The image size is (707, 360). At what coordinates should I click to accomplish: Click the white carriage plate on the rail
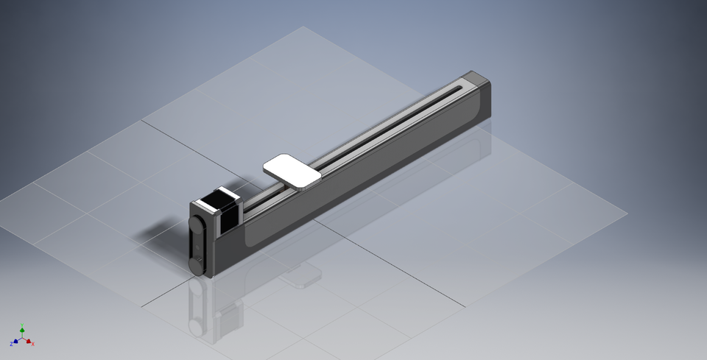[x=293, y=170]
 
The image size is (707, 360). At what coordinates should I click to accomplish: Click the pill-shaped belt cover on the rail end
[x=197, y=243]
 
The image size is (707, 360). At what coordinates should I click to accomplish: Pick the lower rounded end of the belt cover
[x=197, y=263]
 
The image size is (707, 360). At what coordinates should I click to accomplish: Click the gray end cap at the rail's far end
[x=478, y=79]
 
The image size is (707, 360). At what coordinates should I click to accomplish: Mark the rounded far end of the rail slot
[x=461, y=88]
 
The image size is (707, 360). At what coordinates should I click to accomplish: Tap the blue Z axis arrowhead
[x=15, y=342]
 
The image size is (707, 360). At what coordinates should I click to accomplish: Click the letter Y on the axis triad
[x=22, y=324]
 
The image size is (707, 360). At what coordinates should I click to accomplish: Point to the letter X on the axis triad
[x=33, y=344]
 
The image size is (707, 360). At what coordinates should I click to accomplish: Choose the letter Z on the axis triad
[x=11, y=344]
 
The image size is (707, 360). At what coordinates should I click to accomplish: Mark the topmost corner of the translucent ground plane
[x=303, y=27]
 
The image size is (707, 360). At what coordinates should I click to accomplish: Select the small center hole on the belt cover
[x=197, y=244]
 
